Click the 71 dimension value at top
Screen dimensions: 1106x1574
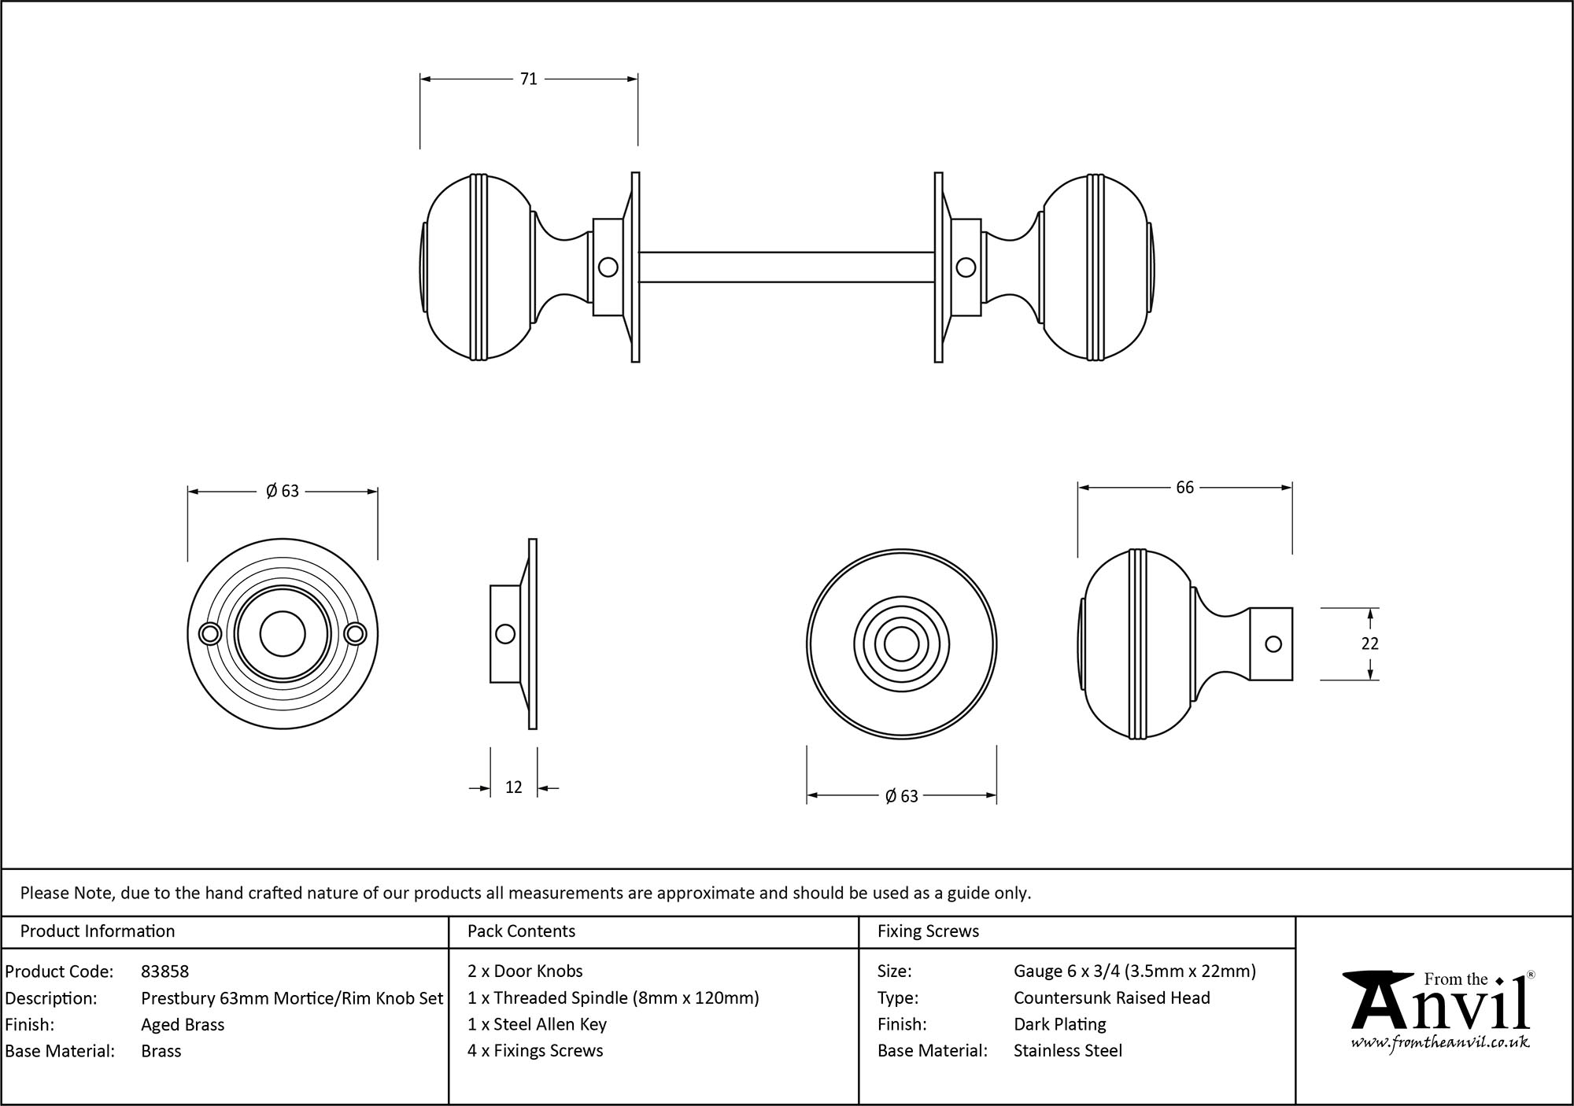point(528,79)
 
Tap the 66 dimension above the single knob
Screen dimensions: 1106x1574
point(1184,488)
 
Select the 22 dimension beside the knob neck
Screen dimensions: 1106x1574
point(1369,643)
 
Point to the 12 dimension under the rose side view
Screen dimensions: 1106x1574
point(513,787)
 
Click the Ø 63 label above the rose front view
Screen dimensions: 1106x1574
point(283,492)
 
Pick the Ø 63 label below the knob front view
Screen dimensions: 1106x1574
point(901,797)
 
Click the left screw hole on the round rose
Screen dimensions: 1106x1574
point(210,634)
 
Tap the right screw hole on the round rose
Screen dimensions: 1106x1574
point(355,634)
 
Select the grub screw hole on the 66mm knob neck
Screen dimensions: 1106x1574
point(1273,644)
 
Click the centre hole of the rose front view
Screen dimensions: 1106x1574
point(283,634)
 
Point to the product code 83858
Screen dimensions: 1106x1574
point(164,971)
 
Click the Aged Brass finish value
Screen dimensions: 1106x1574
point(183,1024)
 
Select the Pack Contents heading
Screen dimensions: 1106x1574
point(521,931)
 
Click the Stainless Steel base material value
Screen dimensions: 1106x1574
point(1067,1051)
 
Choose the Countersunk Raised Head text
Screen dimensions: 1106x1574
point(1111,998)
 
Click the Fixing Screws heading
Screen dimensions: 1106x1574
point(928,931)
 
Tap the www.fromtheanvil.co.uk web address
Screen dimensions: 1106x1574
point(1439,1043)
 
